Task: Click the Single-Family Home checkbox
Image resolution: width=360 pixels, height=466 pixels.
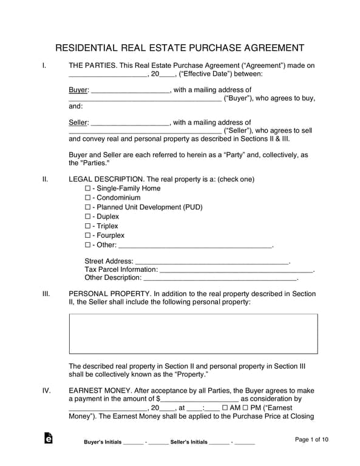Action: [x=87, y=189]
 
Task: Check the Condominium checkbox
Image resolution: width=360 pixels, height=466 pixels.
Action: [x=87, y=198]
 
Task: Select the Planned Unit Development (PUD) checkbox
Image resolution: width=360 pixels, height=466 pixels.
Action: [x=87, y=208]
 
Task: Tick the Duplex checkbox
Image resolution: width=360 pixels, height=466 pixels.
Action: [x=87, y=217]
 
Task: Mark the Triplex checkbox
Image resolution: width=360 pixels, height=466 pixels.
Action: [x=87, y=226]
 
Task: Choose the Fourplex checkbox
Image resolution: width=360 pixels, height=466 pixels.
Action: [x=87, y=235]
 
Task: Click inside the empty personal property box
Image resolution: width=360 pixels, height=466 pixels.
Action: [x=193, y=333]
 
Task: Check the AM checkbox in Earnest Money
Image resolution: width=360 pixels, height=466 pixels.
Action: [x=226, y=408]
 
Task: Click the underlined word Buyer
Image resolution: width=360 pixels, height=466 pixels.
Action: [x=78, y=90]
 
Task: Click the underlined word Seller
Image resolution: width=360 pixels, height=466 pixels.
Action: [x=78, y=123]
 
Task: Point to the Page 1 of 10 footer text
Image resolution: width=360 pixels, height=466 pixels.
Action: [x=311, y=439]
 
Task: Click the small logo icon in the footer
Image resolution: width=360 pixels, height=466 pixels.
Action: [x=49, y=439]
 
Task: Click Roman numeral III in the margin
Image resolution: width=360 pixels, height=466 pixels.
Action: [x=46, y=294]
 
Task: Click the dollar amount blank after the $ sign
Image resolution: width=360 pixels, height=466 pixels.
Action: [x=199, y=399]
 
